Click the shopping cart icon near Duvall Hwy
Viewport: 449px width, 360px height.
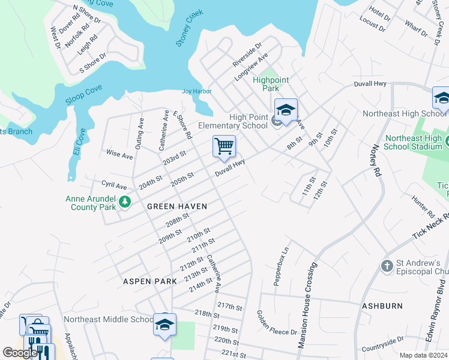click(224, 146)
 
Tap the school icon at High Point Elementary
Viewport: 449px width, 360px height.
click(286, 110)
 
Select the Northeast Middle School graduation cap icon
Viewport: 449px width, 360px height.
click(164, 324)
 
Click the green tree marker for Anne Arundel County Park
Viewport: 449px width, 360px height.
click(125, 202)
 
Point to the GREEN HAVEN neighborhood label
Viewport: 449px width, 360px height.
click(177, 206)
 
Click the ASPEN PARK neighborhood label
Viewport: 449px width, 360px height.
click(150, 281)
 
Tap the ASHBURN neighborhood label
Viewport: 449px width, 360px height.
click(382, 306)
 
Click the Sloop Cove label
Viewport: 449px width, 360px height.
click(84, 94)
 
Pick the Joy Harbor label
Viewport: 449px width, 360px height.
click(197, 91)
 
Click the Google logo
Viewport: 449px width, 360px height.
click(20, 352)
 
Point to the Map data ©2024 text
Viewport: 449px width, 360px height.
click(423, 355)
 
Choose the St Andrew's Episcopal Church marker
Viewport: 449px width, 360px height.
click(387, 265)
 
